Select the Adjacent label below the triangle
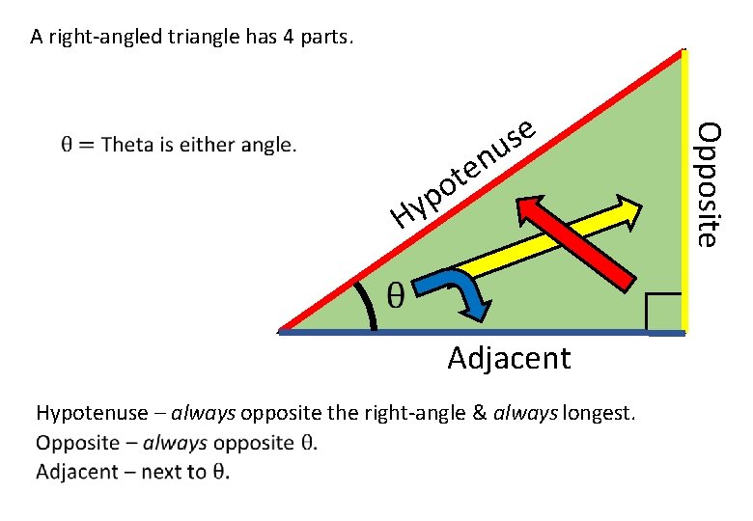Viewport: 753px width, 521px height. pos(509,359)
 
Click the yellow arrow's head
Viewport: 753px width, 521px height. pos(628,211)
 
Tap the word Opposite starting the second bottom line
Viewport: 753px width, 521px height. pos(76,443)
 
